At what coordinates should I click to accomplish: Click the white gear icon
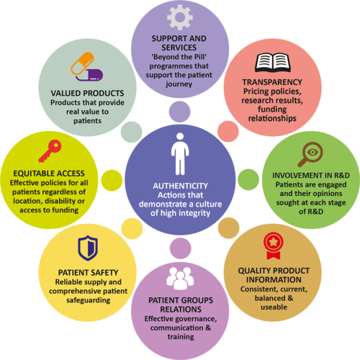coord(180,17)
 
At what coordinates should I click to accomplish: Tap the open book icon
coord(272,63)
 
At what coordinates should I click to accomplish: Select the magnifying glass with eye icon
coord(310,154)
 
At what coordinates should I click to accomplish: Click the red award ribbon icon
coord(274,246)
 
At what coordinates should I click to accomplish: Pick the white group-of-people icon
coord(180,278)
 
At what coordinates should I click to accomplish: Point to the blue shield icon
coord(88,248)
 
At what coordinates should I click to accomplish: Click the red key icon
coord(50,151)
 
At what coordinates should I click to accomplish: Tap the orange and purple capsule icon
coord(87,67)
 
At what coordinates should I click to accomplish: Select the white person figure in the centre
coord(180,154)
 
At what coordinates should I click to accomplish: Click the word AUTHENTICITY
coord(181,186)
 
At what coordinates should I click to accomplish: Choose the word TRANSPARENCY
coord(272,82)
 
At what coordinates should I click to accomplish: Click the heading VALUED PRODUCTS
coord(87,93)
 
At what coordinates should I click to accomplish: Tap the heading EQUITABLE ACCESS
coord(49,174)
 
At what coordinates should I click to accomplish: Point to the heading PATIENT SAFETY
coord(88,273)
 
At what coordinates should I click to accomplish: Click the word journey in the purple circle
coord(179,84)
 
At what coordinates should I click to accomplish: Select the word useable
coord(274,307)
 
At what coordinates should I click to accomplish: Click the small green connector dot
coord(248,179)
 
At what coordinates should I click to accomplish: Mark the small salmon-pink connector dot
coord(228,131)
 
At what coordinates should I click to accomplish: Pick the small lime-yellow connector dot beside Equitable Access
coord(112,181)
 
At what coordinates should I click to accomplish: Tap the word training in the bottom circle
coord(181,337)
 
